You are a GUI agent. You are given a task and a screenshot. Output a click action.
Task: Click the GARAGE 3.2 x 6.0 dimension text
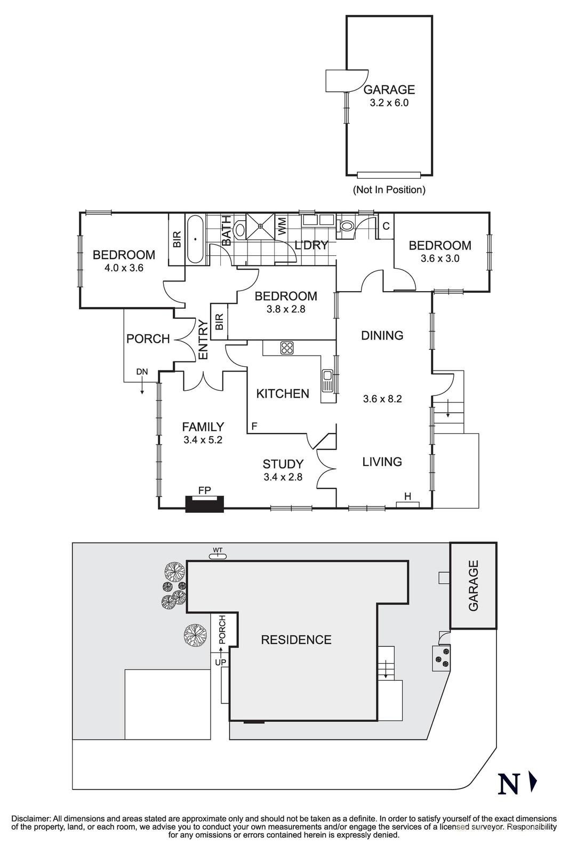[x=389, y=103]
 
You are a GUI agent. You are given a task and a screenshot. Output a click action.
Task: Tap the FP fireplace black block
[x=204, y=504]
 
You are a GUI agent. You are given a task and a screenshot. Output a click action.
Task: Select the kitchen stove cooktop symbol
[x=287, y=348]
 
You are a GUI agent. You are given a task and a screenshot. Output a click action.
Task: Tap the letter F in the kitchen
[x=254, y=426]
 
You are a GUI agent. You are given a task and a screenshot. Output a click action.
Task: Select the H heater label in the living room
[x=407, y=497]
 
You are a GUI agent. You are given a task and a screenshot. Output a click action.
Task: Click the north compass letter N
[x=508, y=784]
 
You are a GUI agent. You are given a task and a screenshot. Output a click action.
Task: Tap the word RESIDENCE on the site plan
[x=296, y=640]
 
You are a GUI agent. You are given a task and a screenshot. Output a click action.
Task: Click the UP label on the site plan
[x=220, y=662]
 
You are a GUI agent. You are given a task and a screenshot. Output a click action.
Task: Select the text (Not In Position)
[x=389, y=189]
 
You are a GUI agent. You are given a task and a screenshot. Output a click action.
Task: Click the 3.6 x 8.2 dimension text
[x=382, y=399]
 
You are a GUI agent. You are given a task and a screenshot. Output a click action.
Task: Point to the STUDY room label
[x=283, y=464]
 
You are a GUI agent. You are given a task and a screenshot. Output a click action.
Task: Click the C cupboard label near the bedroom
[x=386, y=226]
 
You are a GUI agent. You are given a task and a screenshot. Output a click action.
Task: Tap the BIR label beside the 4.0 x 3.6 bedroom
[x=177, y=239]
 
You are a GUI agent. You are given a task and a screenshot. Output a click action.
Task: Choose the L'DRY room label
[x=311, y=245]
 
